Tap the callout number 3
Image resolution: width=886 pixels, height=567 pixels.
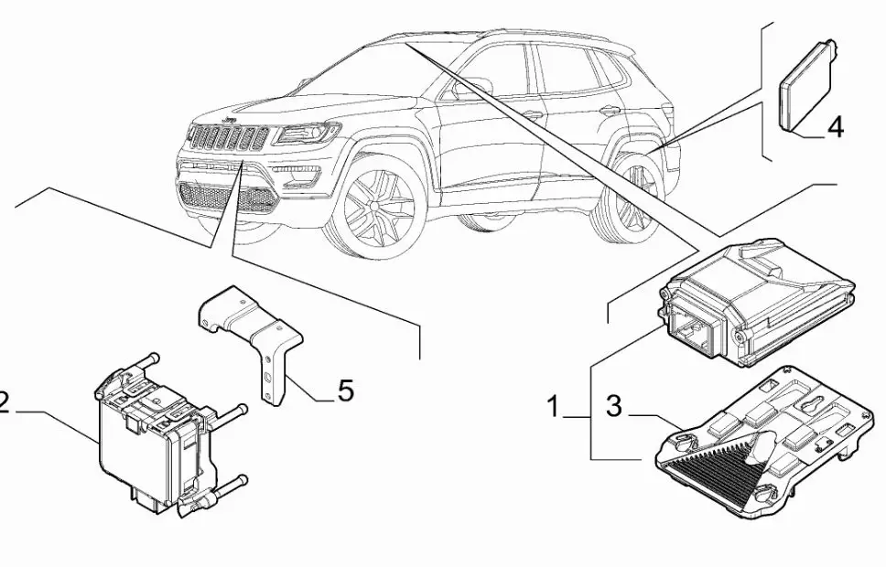(x=613, y=407)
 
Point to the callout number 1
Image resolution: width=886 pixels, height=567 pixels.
(x=552, y=407)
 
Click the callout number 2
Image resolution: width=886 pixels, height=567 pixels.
(x=5, y=403)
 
